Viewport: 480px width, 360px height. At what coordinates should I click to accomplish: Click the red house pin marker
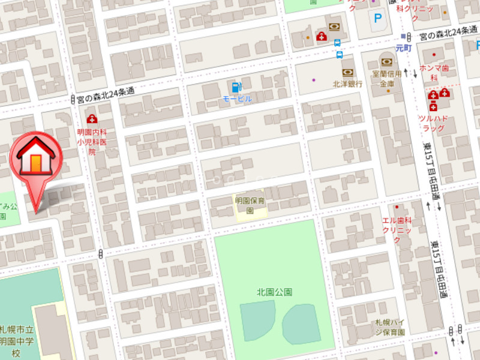pyautogui.click(x=36, y=157)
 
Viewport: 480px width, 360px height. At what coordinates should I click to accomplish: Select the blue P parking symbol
pyautogui.click(x=377, y=19)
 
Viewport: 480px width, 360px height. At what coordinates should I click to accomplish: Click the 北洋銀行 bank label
pyautogui.click(x=348, y=84)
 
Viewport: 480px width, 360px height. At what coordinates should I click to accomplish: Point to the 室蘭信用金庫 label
pyautogui.click(x=386, y=79)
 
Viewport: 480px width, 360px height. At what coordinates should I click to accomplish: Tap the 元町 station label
pyautogui.click(x=405, y=47)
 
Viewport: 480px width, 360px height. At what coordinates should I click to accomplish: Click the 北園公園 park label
pyautogui.click(x=274, y=292)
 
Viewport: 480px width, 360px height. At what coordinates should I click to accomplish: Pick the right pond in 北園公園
pyautogui.click(x=302, y=323)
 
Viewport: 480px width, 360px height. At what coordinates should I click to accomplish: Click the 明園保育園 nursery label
pyautogui.click(x=250, y=206)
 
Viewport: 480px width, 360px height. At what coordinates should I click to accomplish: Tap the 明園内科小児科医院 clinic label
pyautogui.click(x=92, y=142)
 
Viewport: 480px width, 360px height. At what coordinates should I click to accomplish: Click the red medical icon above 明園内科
pyautogui.click(x=92, y=119)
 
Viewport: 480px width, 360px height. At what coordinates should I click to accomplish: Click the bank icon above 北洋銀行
pyautogui.click(x=347, y=73)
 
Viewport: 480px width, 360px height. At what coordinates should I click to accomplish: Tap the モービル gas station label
pyautogui.click(x=237, y=98)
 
